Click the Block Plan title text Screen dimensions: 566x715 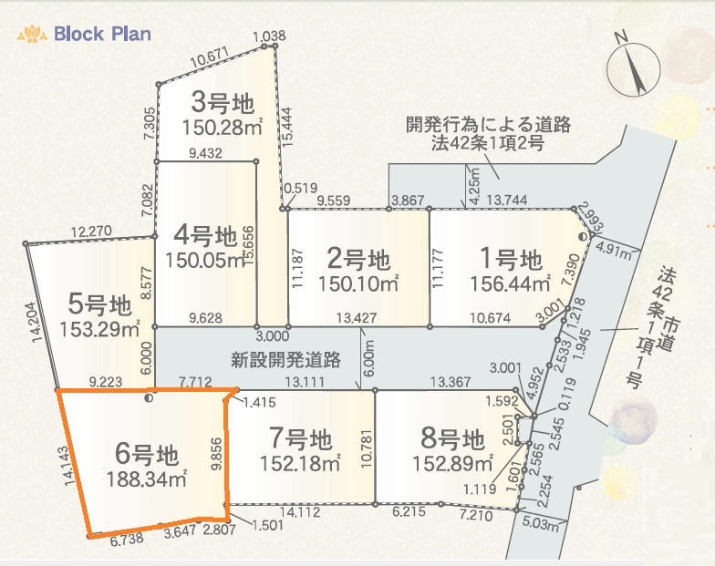point(102,34)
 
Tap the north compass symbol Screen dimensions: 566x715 point(634,67)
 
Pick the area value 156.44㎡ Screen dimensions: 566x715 point(510,284)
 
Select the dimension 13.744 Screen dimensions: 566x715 point(508,200)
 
